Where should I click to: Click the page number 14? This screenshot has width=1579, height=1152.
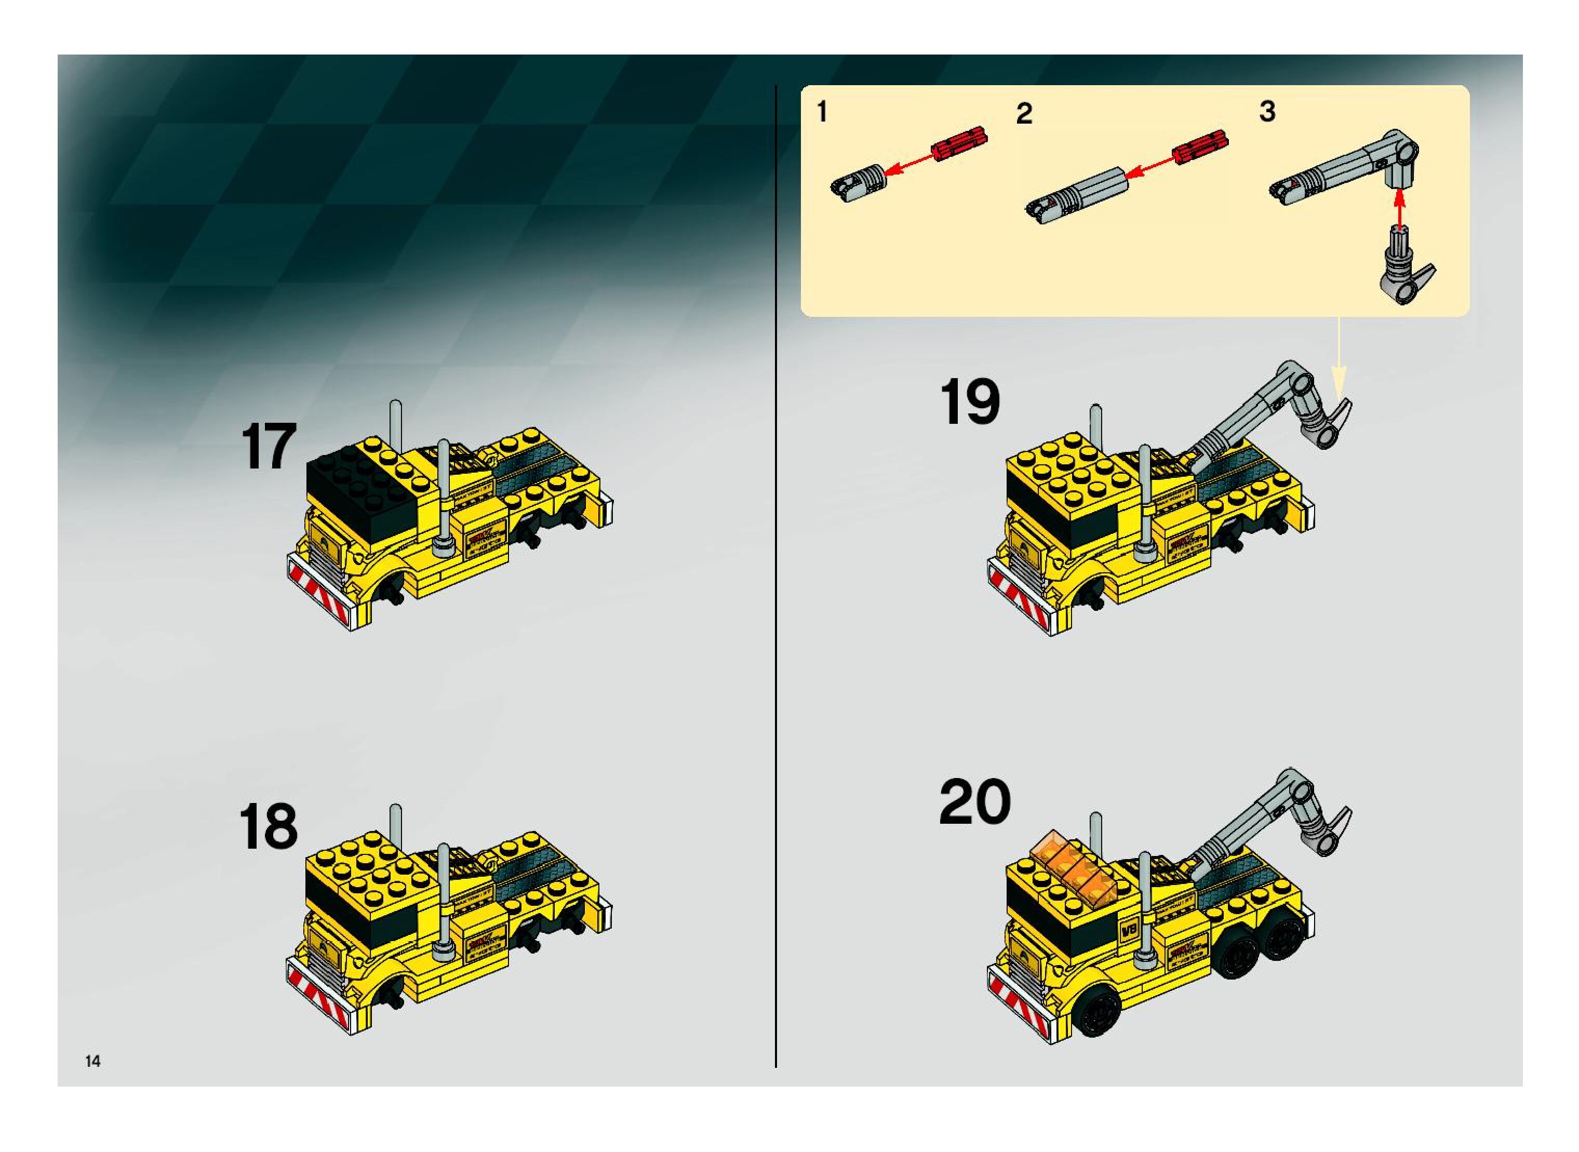click(x=93, y=1061)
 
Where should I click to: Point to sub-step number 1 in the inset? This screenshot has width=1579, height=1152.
click(x=822, y=112)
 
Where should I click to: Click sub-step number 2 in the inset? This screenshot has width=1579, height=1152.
click(x=1024, y=114)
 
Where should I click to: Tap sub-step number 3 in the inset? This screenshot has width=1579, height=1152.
click(x=1267, y=112)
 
